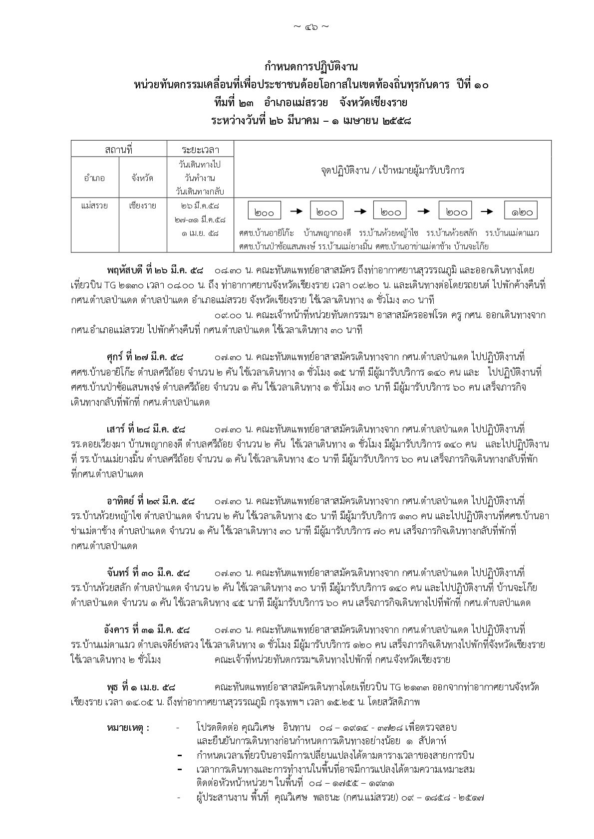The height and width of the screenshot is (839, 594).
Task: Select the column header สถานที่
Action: [x=118, y=149]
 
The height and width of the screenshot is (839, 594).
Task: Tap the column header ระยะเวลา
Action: [x=200, y=149]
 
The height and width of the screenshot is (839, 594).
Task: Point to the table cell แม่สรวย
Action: [x=94, y=206]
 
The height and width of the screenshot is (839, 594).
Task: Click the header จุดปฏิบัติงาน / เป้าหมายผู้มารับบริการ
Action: [x=392, y=170]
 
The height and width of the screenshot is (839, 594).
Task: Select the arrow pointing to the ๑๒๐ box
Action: [x=487, y=211]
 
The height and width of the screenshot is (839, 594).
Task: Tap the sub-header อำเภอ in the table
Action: [x=94, y=178]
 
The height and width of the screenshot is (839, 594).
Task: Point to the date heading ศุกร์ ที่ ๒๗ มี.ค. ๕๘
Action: [x=145, y=358]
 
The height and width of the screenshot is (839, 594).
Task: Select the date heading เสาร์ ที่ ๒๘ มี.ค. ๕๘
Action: [x=145, y=429]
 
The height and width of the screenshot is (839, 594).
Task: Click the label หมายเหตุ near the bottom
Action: [x=128, y=728]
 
